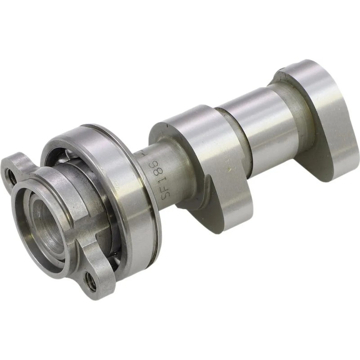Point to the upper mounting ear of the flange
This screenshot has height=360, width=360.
[18, 166]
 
